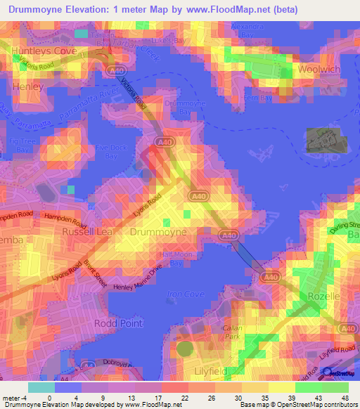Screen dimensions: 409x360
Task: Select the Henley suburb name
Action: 28,86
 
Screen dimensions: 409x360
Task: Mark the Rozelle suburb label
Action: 323,297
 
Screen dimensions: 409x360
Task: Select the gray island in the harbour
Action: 327,140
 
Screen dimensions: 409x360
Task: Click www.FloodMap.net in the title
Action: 229,9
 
